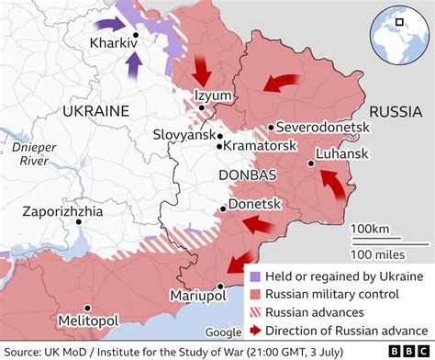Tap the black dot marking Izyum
[200, 107]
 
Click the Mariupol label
[198, 295]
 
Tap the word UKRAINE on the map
[95, 110]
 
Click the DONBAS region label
[244, 174]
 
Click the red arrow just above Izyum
[202, 72]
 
